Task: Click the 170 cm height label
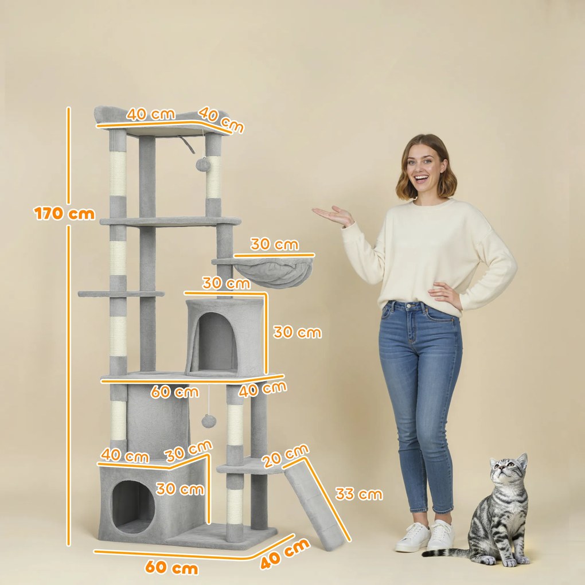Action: [x=64, y=214]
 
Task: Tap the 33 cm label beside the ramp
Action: [x=358, y=494]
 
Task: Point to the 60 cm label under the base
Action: [x=171, y=568]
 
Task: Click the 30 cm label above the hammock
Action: [x=274, y=244]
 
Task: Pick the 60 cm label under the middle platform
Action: [x=174, y=392]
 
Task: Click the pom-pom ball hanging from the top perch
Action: [x=202, y=165]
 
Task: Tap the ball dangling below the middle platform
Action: [x=208, y=421]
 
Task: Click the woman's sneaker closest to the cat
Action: [x=440, y=536]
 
